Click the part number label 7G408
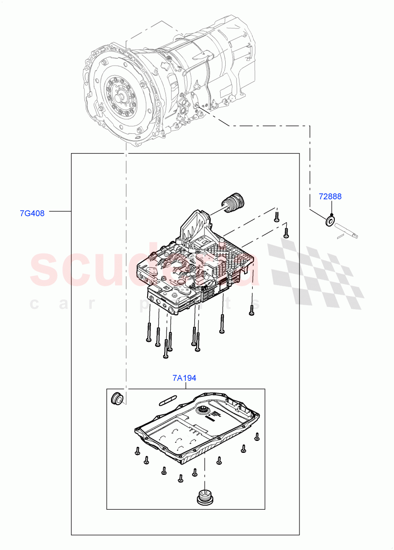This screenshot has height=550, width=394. [32, 213]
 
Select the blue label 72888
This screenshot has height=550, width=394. [330, 197]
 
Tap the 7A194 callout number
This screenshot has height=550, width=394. [184, 378]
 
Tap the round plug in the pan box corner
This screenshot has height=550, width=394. [117, 398]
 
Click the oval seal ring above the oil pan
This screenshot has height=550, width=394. [168, 399]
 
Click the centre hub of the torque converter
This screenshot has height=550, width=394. [121, 97]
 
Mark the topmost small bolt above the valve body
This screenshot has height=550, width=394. [277, 216]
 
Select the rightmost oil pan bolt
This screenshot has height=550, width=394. [257, 436]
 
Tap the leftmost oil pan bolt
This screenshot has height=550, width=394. [137, 451]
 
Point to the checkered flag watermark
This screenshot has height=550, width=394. [316, 270]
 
